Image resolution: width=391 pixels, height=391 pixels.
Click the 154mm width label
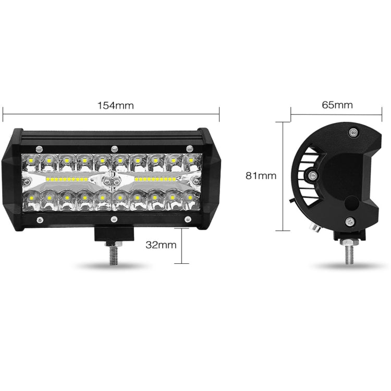tap(116, 105)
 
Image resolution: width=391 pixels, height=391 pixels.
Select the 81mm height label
tap(261, 176)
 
